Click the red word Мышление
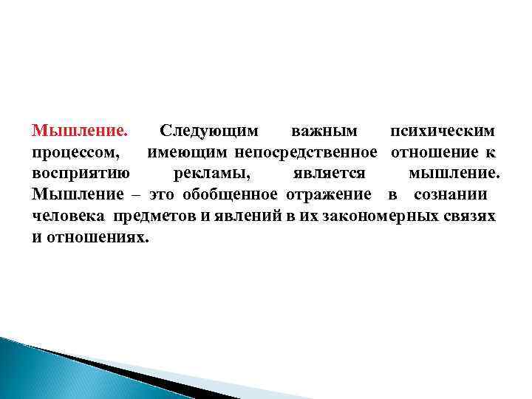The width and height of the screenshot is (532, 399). click(x=80, y=132)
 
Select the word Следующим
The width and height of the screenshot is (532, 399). click(x=209, y=132)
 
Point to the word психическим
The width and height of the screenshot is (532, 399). click(x=443, y=132)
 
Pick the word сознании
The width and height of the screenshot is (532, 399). click(x=450, y=195)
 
